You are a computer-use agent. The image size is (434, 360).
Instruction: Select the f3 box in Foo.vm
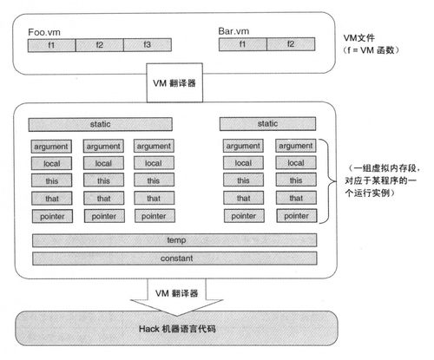[x=148, y=44]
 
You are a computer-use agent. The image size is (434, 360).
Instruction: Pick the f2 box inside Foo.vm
[x=99, y=44]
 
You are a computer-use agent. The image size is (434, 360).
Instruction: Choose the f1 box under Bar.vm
[x=241, y=44]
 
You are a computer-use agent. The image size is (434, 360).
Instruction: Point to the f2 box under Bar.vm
[x=291, y=44]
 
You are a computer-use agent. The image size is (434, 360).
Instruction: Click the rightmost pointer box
[x=293, y=215]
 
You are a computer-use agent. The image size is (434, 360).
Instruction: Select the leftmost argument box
[x=51, y=146]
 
